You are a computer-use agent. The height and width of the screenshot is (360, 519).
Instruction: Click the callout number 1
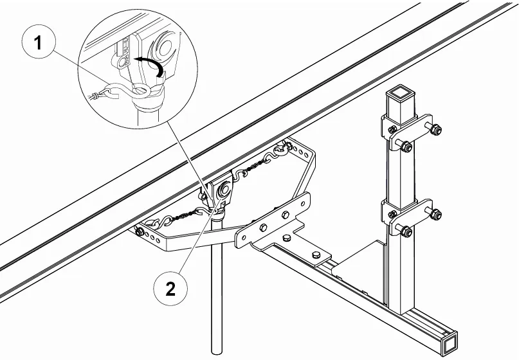click(39, 43)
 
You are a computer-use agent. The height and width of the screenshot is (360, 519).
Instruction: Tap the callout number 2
click(170, 289)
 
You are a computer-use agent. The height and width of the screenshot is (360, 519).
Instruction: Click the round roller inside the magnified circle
click(165, 49)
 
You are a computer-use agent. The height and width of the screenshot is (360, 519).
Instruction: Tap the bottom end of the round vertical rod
click(217, 351)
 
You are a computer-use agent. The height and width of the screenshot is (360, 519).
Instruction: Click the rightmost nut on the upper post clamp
click(436, 129)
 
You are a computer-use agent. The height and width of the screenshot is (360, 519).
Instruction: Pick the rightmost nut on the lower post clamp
click(436, 213)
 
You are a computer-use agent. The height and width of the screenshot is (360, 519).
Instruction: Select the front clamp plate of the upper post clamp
click(410, 131)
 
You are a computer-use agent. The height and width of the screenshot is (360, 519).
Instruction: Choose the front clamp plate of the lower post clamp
click(410, 217)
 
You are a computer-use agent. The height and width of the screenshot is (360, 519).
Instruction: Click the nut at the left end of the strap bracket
click(140, 231)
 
